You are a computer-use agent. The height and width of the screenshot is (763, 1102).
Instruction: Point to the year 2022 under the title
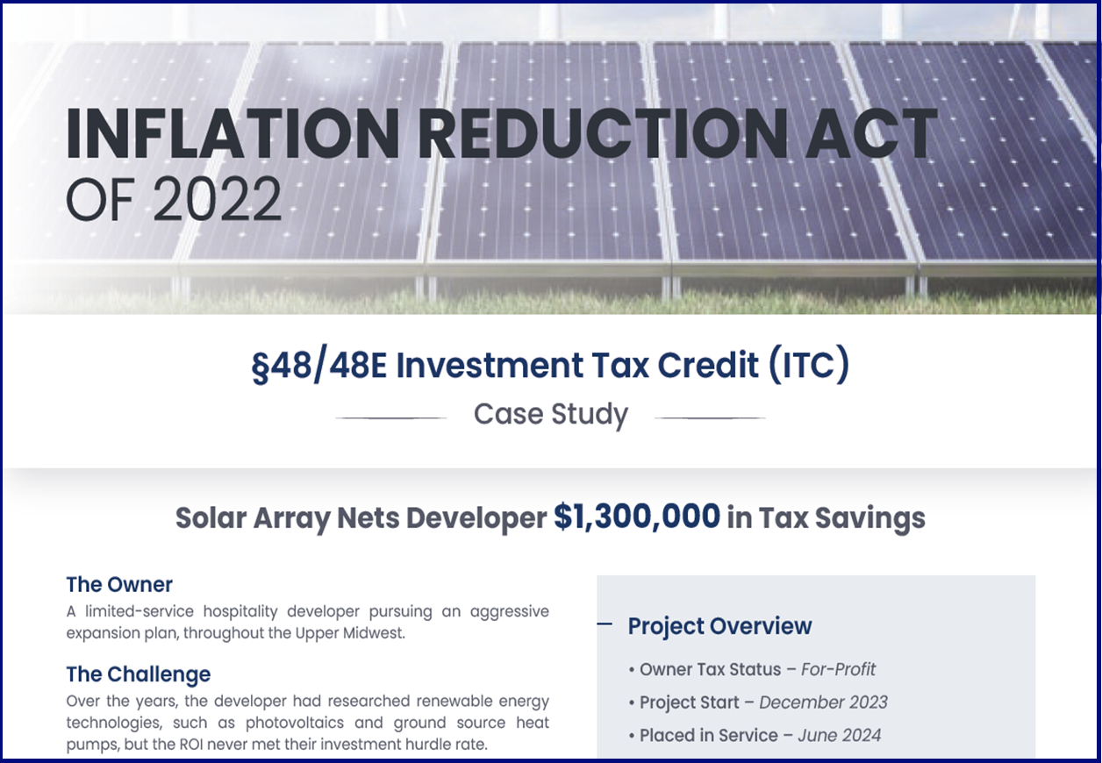coord(217,199)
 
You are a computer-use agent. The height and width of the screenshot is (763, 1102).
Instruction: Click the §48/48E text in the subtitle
coord(319,366)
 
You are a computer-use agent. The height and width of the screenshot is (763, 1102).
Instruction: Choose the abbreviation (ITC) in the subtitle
coord(808,366)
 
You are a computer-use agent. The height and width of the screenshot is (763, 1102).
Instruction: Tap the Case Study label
coord(551,414)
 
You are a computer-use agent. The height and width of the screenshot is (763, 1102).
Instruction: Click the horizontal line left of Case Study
coord(391,418)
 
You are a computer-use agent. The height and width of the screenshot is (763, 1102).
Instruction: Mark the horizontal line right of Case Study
coord(710,418)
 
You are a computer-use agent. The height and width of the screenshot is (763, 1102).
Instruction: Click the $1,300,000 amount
coord(637,517)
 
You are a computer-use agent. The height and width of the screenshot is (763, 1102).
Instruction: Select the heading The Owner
coord(119,584)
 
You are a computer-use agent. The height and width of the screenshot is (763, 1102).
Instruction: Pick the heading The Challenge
coord(139,674)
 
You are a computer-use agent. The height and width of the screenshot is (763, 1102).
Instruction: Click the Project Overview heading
coord(719,626)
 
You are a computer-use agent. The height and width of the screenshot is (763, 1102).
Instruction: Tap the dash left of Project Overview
coord(605,624)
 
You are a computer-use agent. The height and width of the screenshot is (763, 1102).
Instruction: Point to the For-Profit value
coord(838,669)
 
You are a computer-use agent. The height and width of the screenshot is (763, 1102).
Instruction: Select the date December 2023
coord(823,702)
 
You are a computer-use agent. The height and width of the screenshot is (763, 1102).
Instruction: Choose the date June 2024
coord(839,736)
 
